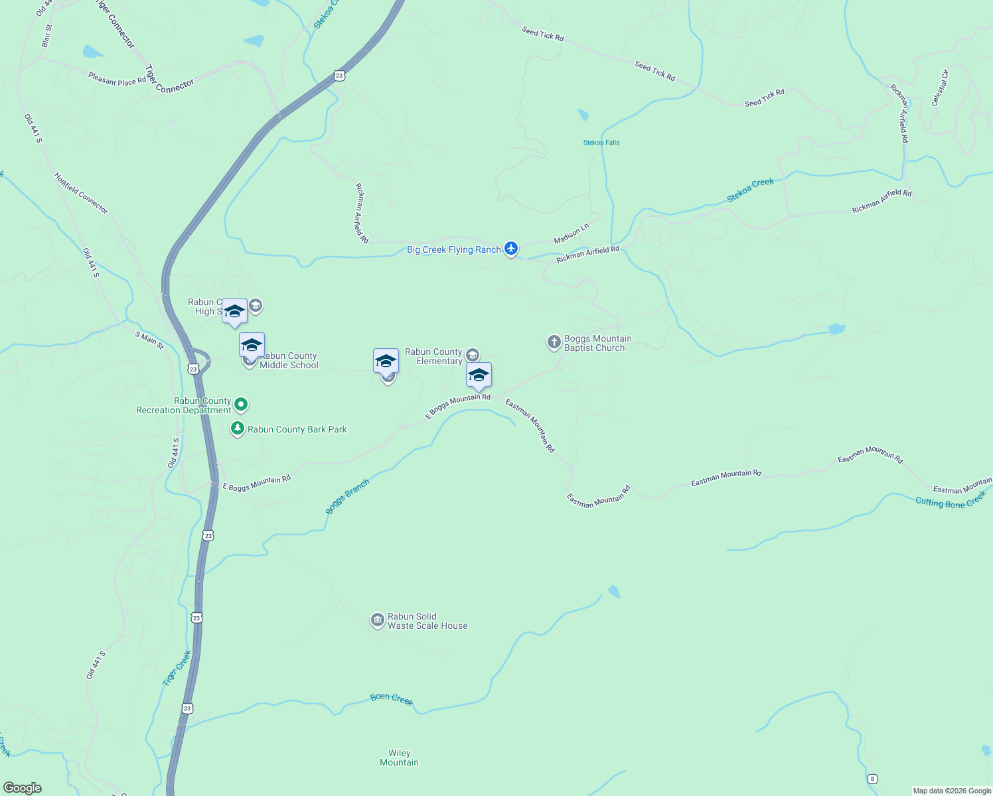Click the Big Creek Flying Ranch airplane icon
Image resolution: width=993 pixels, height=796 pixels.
(510, 248)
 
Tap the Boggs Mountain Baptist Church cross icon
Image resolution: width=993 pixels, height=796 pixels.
(554, 342)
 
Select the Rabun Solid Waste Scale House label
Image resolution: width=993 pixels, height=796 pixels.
(427, 621)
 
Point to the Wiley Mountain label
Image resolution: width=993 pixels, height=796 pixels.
(399, 758)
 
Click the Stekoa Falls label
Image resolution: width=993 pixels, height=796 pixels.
(601, 143)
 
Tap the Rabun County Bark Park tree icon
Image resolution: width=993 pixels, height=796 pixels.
(237, 429)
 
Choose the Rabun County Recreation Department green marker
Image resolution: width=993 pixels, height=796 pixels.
(241, 403)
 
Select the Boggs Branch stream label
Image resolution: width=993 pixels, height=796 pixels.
(347, 496)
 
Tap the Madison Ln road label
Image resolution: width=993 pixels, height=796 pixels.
(572, 233)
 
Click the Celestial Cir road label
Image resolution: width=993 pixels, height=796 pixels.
(940, 88)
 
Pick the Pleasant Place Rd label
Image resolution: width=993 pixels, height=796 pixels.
(117, 79)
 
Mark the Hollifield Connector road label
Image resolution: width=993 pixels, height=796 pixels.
(81, 193)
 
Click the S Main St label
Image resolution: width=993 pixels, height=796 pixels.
(149, 340)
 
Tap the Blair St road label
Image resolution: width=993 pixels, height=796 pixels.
(46, 36)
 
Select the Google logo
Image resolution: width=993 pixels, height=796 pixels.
(23, 788)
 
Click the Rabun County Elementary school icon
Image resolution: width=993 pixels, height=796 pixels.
(473, 355)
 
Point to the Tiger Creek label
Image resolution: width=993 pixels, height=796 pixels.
(177, 668)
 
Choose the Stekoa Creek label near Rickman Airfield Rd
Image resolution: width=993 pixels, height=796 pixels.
(750, 190)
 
